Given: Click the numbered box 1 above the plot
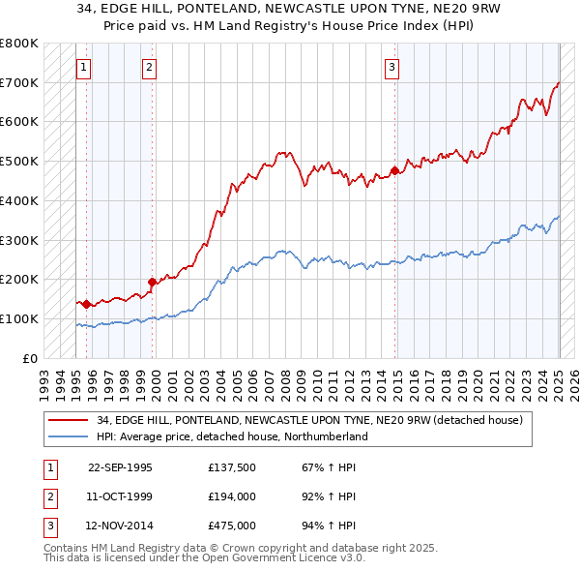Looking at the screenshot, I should click(x=84, y=67).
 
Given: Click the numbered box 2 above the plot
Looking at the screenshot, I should click(x=149, y=67).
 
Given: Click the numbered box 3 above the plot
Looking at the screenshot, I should click(x=391, y=67).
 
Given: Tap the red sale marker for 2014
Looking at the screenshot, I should click(x=394, y=171).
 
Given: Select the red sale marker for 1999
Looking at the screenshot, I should click(x=152, y=282).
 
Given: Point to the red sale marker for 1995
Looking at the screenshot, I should click(x=87, y=304).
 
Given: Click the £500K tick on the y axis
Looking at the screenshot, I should click(x=19, y=161).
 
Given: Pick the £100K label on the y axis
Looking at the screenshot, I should click(x=19, y=318).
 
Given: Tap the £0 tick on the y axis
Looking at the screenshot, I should click(x=31, y=358).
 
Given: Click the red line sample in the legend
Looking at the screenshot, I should click(x=69, y=421).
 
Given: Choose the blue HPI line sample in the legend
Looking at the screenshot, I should click(x=69, y=436).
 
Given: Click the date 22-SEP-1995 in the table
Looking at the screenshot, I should click(x=120, y=467).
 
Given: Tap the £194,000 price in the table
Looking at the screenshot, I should click(x=231, y=496).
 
